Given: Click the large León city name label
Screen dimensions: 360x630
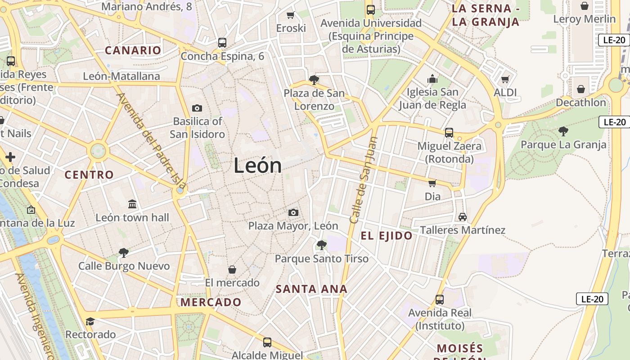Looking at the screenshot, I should (x=257, y=166).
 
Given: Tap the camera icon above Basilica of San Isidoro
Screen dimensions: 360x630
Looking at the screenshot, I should (x=197, y=108).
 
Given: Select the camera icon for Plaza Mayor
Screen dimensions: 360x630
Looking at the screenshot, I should (x=293, y=212).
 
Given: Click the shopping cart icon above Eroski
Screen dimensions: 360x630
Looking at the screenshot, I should (x=291, y=15).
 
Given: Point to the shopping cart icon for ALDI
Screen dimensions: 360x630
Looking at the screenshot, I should (x=505, y=80).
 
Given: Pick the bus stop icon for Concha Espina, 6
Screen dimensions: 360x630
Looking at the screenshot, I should (x=222, y=43).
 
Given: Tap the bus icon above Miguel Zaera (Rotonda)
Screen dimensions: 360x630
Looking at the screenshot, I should (x=449, y=133).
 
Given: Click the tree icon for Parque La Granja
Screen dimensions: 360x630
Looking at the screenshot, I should (x=563, y=131).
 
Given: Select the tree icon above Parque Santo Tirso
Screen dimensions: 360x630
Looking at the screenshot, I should (x=321, y=245).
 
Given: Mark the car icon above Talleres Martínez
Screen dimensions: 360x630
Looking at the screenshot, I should (x=462, y=217).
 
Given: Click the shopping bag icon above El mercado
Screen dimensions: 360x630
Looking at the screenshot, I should (x=232, y=270).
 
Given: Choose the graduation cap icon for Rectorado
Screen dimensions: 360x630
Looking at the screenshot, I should (x=90, y=321).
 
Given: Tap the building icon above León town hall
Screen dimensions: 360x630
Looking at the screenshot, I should (x=132, y=204).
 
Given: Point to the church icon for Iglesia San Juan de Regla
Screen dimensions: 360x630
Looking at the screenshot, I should (x=432, y=79).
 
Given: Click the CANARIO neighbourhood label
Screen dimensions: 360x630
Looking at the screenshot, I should (x=133, y=50).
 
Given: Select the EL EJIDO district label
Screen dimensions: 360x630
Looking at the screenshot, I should (x=387, y=236).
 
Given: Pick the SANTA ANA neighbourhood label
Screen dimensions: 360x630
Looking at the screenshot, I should (x=311, y=289).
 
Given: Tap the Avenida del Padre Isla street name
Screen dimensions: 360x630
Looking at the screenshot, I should (x=151, y=140).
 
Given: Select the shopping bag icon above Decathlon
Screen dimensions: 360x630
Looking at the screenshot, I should (x=581, y=89).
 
